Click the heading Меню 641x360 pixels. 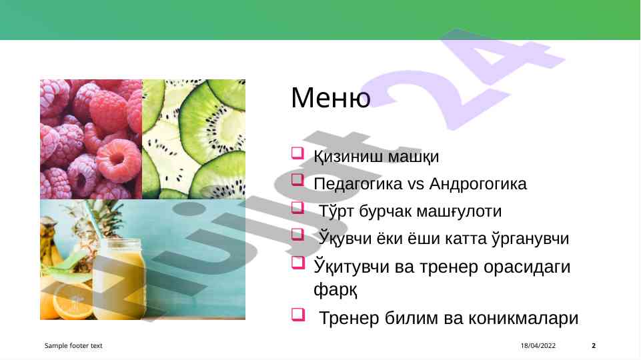[x=331, y=97]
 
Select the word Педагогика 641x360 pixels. [x=358, y=184]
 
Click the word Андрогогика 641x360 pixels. [x=478, y=184]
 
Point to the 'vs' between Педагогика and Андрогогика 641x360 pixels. [x=416, y=184]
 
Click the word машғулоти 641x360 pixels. [x=459, y=211]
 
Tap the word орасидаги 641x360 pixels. [x=527, y=267]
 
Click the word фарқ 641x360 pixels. [x=336, y=290]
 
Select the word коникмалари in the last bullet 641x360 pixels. [x=523, y=318]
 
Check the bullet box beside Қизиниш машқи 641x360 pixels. [x=297, y=153]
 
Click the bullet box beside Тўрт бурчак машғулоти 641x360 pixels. [x=297, y=207]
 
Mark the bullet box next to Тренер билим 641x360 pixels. [x=298, y=314]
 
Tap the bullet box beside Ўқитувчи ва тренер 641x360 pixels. [x=298, y=263]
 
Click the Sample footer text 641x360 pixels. [x=73, y=346]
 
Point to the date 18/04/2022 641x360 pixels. [x=538, y=346]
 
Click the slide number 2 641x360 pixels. [x=594, y=346]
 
